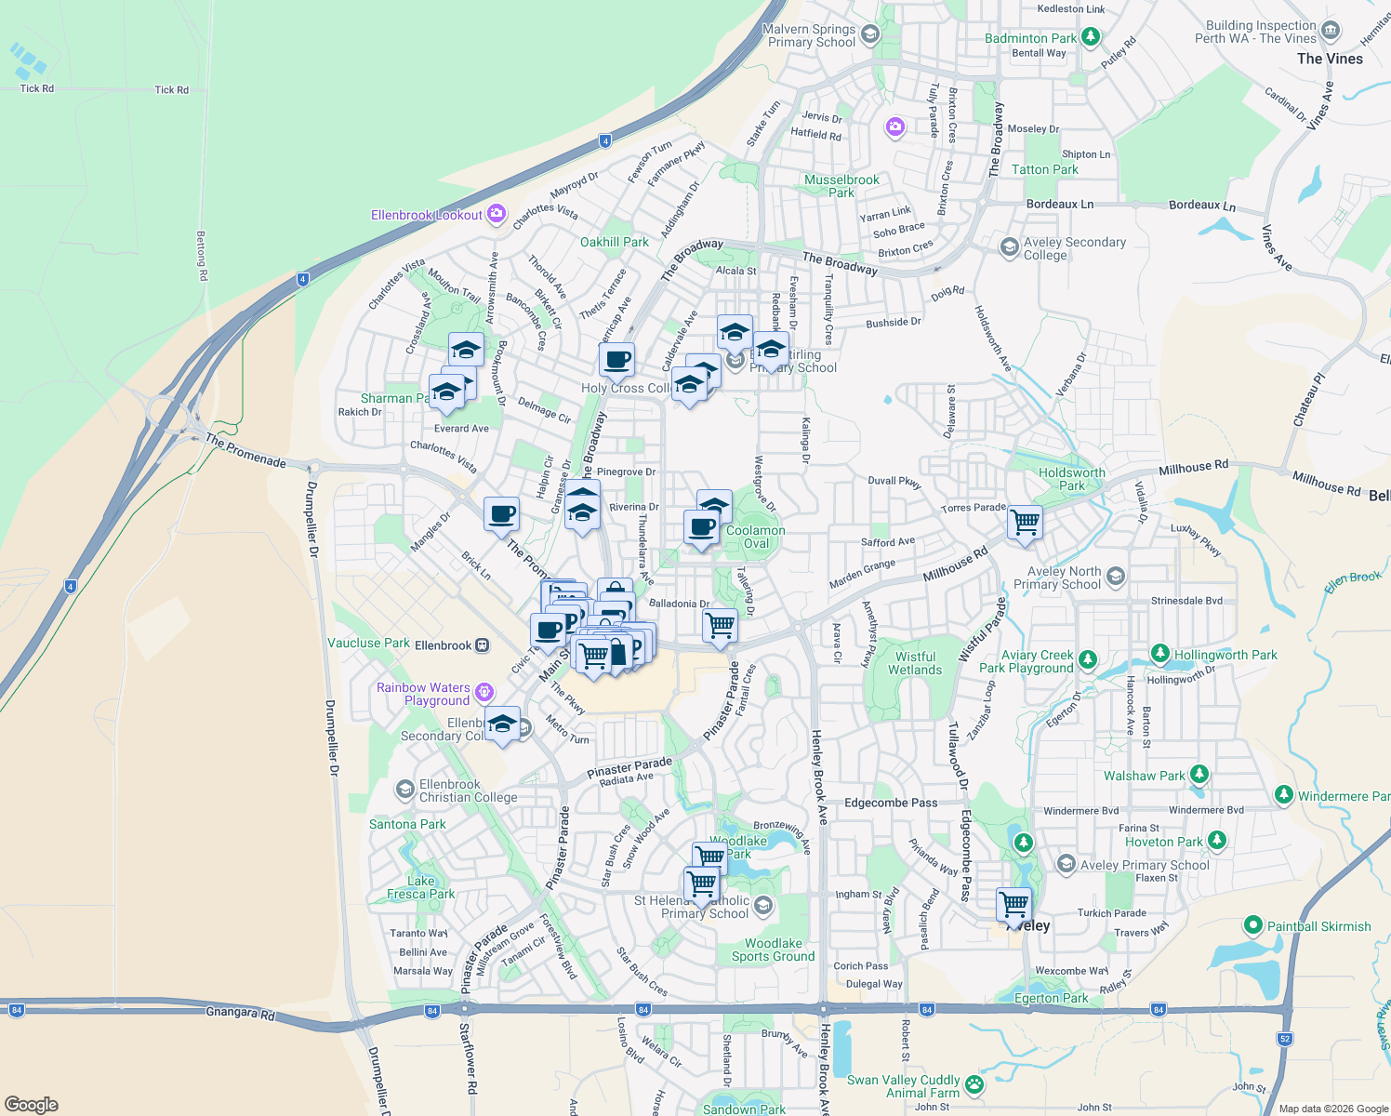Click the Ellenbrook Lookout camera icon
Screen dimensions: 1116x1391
click(497, 215)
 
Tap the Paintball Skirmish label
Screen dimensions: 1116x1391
click(1318, 926)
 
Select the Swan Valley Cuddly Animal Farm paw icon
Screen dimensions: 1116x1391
click(974, 1084)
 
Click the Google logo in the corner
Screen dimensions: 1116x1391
click(32, 1105)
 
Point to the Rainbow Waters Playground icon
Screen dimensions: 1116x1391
click(483, 692)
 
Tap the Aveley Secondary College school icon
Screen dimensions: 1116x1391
click(1009, 247)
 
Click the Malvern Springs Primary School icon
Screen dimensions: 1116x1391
click(870, 35)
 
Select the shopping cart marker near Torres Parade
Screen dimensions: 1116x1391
click(1025, 522)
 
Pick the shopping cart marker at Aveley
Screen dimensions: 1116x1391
click(1013, 903)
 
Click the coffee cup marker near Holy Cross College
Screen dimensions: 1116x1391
click(616, 358)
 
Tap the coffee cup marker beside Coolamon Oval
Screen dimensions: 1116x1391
click(702, 526)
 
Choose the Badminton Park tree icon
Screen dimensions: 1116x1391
click(1091, 38)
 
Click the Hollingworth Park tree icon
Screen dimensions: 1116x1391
click(1159, 653)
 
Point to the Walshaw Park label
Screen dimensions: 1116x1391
click(1144, 776)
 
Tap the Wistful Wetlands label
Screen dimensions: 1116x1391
click(915, 663)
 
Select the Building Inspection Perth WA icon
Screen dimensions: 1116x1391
click(1331, 31)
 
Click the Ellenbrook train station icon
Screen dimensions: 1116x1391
click(482, 645)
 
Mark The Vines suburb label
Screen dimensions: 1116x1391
click(1330, 59)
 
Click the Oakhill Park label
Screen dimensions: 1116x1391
click(615, 242)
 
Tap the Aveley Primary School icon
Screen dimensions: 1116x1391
click(1066, 864)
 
